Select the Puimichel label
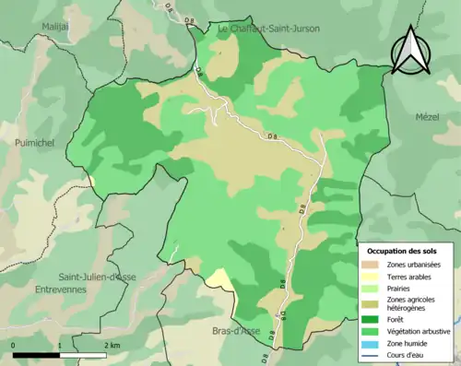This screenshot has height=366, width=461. click(36, 143)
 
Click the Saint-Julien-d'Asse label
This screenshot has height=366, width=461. click(98, 277)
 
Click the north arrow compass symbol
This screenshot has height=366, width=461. click(412, 51)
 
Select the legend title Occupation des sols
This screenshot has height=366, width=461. click(403, 250)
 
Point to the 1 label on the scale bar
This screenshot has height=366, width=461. click(60, 345)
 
